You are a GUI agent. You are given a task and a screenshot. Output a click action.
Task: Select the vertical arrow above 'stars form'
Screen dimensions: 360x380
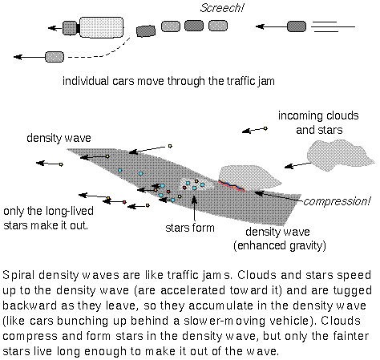point(196,206)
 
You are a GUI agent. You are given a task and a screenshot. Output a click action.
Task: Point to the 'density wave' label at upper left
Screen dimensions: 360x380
point(51,136)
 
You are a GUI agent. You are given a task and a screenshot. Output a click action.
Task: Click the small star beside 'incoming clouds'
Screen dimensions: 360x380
point(265,128)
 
